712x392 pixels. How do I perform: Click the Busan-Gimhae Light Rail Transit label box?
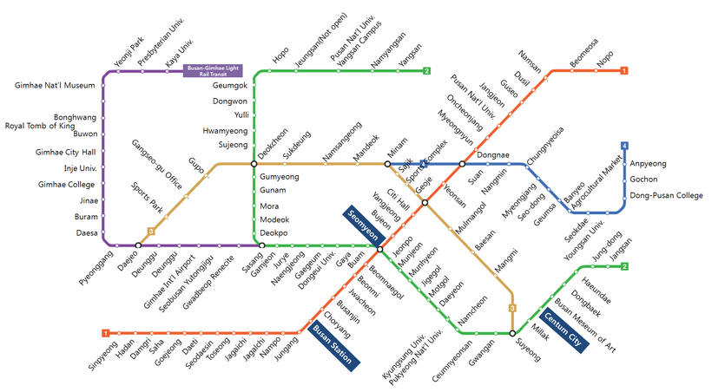[214, 70]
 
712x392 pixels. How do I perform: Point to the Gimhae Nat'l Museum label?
[55, 86]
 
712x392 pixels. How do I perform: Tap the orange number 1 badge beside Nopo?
[624, 70]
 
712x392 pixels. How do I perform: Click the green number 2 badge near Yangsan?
[426, 70]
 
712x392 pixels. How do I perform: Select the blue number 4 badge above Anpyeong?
[624, 144]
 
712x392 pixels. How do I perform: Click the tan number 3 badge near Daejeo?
[151, 231]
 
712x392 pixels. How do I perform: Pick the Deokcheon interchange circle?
[254, 163]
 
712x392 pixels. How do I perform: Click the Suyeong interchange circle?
[512, 333]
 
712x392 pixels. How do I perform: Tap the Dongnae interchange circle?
[462, 163]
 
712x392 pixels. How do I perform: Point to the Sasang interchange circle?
[261, 245]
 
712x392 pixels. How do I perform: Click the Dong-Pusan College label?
[666, 195]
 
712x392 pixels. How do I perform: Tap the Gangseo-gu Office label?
[157, 164]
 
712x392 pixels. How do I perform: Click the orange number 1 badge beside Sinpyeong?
[105, 333]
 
